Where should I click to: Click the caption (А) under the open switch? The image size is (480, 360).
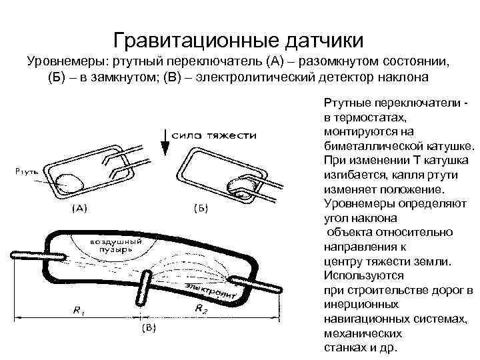79,209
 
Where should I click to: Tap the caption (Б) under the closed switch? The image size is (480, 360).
200,210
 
